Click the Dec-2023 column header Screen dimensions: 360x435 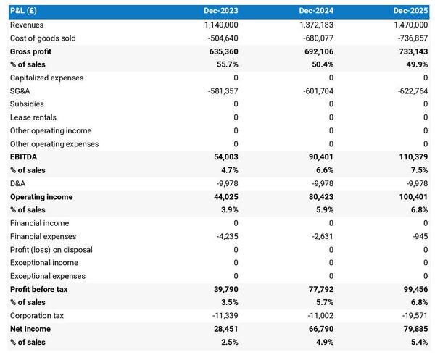[x=221, y=12]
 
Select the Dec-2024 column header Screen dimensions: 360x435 [x=317, y=12]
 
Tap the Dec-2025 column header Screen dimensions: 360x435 [x=412, y=12]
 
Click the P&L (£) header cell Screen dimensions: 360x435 [x=25, y=12]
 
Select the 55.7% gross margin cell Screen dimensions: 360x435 [x=226, y=64]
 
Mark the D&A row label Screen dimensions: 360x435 [x=18, y=183]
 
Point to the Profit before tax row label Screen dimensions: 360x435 [x=40, y=289]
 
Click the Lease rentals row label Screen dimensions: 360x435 [x=33, y=117]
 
